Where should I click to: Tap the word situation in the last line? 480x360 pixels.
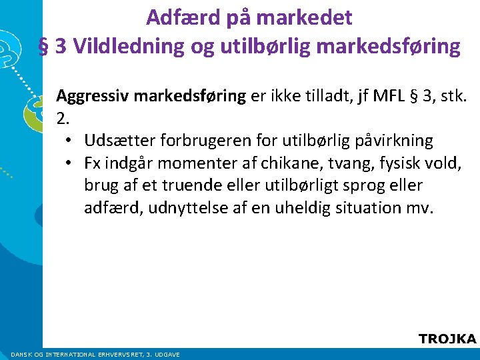pyautogui.click(x=368, y=207)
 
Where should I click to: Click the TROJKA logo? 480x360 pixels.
pyautogui.click(x=447, y=339)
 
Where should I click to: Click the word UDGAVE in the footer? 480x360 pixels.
pyautogui.click(x=167, y=355)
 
